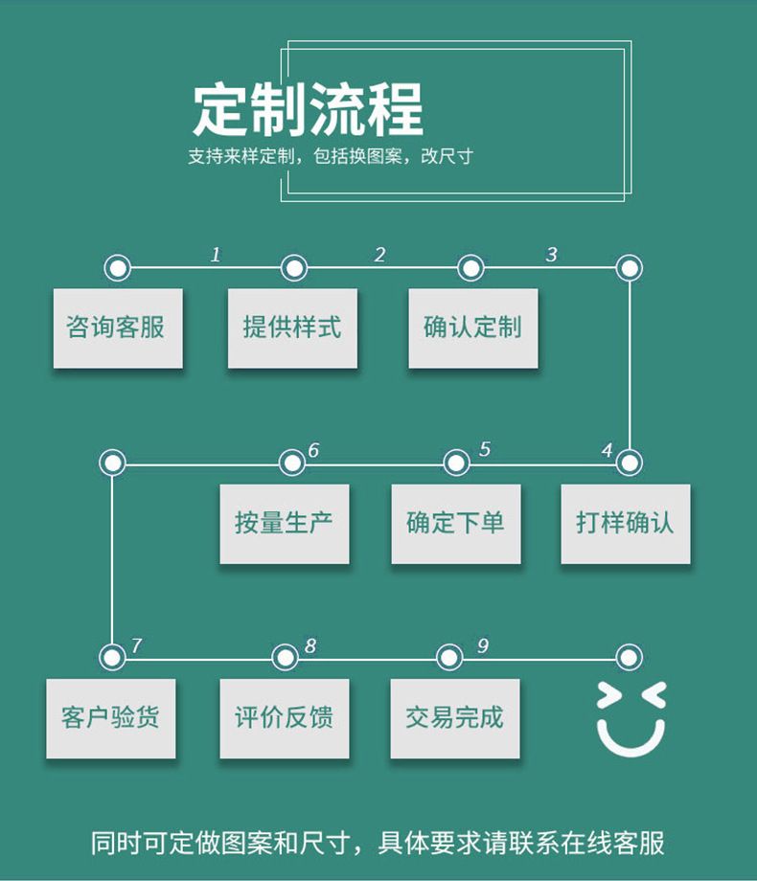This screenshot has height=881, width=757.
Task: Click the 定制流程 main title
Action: coord(308,110)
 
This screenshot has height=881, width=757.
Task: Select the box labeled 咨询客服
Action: coord(117,328)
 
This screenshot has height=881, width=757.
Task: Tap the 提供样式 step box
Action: coord(292,328)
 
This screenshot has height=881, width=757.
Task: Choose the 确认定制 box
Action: coord(472,328)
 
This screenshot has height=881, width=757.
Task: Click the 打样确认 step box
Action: coord(625,524)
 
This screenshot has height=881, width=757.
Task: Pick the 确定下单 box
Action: coord(455,524)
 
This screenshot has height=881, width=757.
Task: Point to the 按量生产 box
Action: coord(285,524)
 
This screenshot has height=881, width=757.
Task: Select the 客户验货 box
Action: coord(111,718)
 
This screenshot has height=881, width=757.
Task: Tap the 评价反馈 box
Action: coord(285,718)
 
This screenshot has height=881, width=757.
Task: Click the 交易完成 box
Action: coord(455,718)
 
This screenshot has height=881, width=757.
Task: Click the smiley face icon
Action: coord(631,719)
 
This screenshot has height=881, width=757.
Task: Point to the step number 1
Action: coord(216,255)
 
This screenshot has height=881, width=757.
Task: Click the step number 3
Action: coord(551,255)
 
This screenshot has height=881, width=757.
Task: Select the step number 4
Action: coord(607,450)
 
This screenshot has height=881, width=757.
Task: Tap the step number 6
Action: coord(313,450)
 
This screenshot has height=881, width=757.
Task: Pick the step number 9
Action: coord(482,646)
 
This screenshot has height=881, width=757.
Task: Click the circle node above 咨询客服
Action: coord(117,268)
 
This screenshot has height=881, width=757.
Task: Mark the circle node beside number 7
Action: coord(112,658)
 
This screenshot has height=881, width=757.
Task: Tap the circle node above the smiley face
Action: coord(629,658)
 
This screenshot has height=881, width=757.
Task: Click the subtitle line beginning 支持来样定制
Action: coord(331,156)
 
